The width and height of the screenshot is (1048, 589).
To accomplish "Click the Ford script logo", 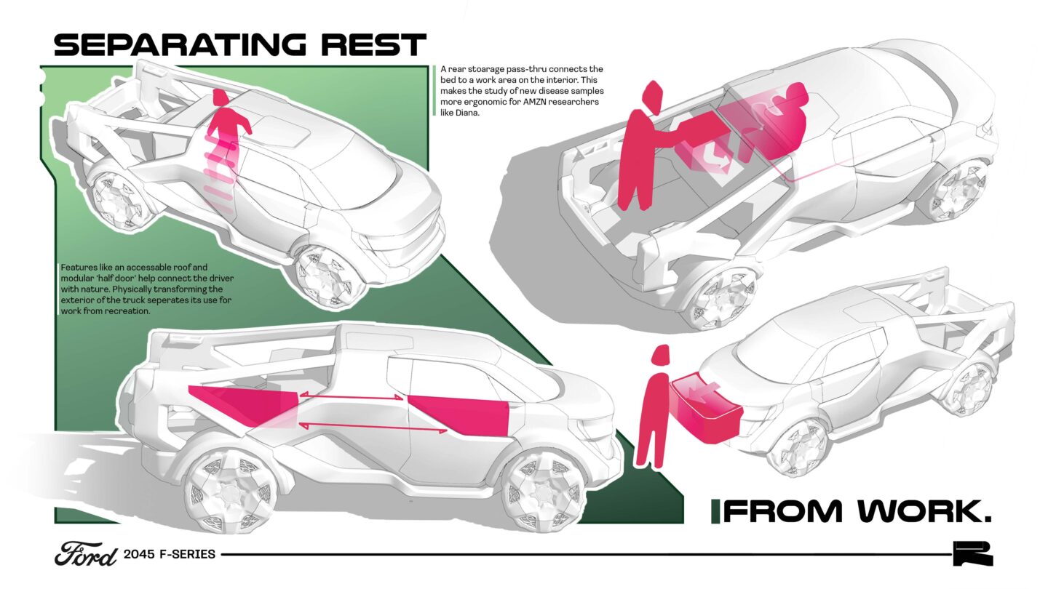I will tap(85, 554).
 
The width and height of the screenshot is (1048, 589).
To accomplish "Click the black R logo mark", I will tap(972, 554).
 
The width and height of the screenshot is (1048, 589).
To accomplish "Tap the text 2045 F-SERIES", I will tap(170, 554).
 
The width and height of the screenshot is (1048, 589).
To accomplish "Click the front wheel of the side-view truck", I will tap(536, 488).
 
